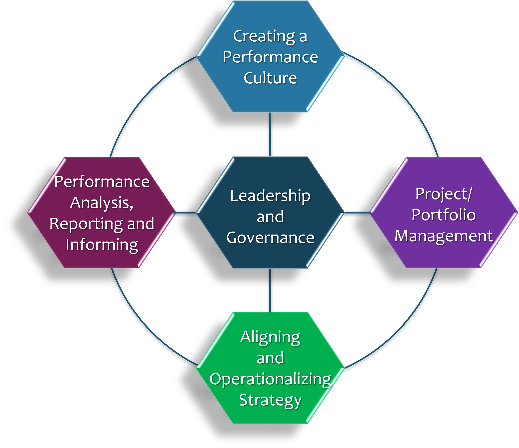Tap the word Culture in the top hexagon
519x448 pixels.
[x=270, y=78]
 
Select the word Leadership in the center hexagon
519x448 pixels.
[x=270, y=196]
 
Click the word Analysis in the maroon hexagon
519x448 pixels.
[x=101, y=203]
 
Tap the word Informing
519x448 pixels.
[x=102, y=245]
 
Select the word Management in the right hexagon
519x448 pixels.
[x=444, y=236]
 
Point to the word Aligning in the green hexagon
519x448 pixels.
[x=270, y=337]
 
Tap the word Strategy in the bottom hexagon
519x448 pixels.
[x=270, y=400]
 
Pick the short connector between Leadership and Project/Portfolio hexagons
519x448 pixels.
[x=357, y=213]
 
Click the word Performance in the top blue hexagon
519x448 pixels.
[x=270, y=57]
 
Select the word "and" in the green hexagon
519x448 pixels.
[x=270, y=358]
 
